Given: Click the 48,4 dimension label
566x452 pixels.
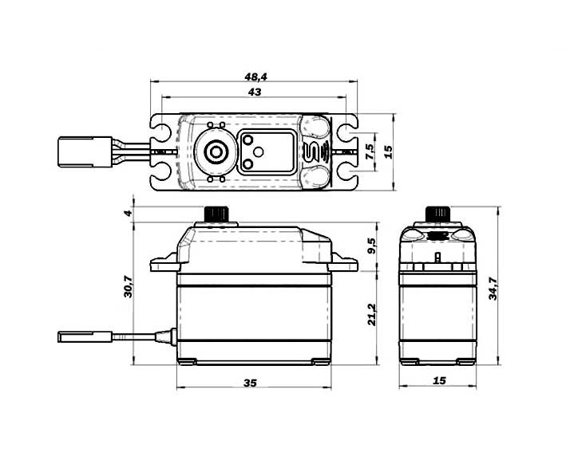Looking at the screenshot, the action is [x=255, y=77].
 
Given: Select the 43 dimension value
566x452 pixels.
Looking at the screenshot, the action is [x=255, y=92].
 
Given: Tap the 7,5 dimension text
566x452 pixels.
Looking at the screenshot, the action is [x=370, y=151].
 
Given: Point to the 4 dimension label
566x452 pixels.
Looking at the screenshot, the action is [x=129, y=213].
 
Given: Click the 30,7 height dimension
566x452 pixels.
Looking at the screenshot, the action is [x=129, y=286].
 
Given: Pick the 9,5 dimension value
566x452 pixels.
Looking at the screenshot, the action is [x=372, y=246].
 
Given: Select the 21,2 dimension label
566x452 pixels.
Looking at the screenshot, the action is [x=372, y=315].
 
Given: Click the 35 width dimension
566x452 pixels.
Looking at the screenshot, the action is [x=250, y=383].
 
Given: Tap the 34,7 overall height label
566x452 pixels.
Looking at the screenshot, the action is [x=493, y=289].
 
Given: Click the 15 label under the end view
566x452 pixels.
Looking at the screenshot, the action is [x=439, y=380].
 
